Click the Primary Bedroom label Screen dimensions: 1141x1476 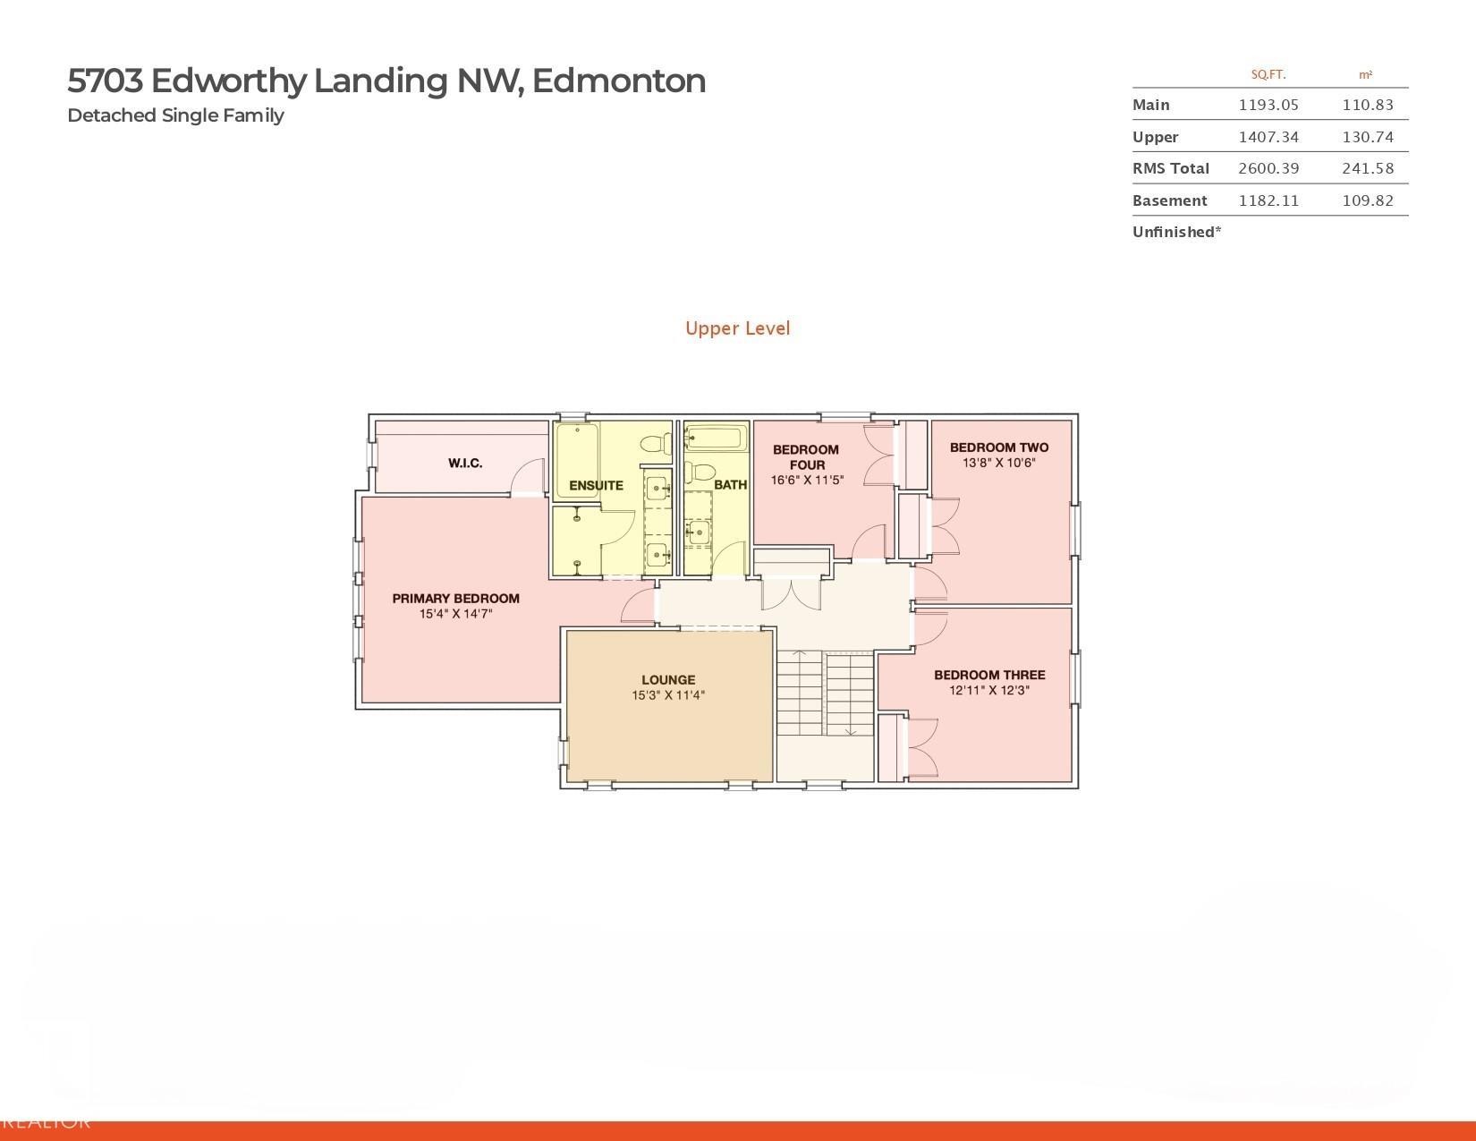tap(455, 599)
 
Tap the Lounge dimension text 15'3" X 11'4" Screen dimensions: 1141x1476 tap(668, 695)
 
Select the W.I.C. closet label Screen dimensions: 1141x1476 tap(465, 463)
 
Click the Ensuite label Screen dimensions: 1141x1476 tap(596, 486)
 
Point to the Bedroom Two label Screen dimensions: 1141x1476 tap(998, 447)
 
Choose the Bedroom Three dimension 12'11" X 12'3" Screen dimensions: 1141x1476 tap(989, 690)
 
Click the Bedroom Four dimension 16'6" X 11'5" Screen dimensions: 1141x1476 tap(807, 481)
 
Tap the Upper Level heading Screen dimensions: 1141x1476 tap(737, 328)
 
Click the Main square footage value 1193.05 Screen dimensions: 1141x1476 tap(1268, 105)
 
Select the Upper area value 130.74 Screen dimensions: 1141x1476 tap(1367, 137)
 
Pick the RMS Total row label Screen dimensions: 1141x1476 tap(1170, 168)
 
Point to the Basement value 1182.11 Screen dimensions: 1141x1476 tap(1268, 200)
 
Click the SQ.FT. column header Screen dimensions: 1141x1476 tap(1268, 75)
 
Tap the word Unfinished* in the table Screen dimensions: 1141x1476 tap(1176, 232)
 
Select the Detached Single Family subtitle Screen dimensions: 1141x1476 tap(175, 115)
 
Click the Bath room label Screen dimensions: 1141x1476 tap(730, 485)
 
